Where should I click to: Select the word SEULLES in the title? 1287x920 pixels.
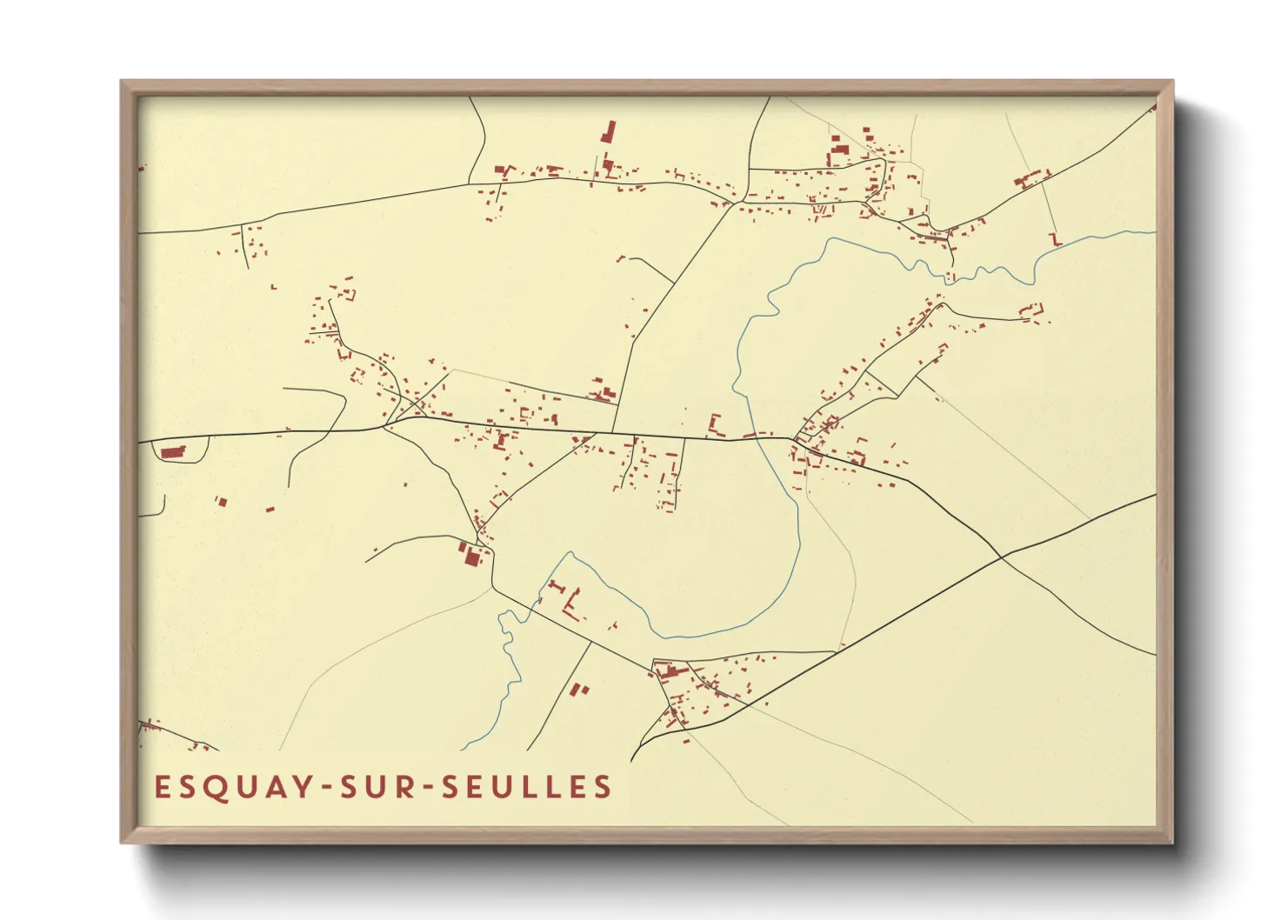pyautogui.click(x=527, y=787)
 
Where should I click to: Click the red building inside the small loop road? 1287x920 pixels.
pyautogui.click(x=173, y=452)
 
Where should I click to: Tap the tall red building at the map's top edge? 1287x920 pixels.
pyautogui.click(x=608, y=133)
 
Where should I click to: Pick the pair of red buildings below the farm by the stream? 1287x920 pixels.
pyautogui.click(x=578, y=690)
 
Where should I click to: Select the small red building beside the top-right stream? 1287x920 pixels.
pyautogui.click(x=1056, y=238)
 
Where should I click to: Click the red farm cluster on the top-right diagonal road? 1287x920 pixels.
pyautogui.click(x=1031, y=179)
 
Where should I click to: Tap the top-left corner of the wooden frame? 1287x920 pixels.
pyautogui.click(x=122, y=82)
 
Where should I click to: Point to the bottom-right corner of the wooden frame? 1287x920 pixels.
pyautogui.click(x=1172, y=842)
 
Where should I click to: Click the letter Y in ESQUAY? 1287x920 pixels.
pyautogui.click(x=301, y=787)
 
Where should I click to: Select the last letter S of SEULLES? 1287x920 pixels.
pyautogui.click(x=603, y=787)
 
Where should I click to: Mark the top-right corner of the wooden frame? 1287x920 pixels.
pyautogui.click(x=1172, y=82)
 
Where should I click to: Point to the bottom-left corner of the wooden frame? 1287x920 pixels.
pyautogui.click(x=122, y=842)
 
